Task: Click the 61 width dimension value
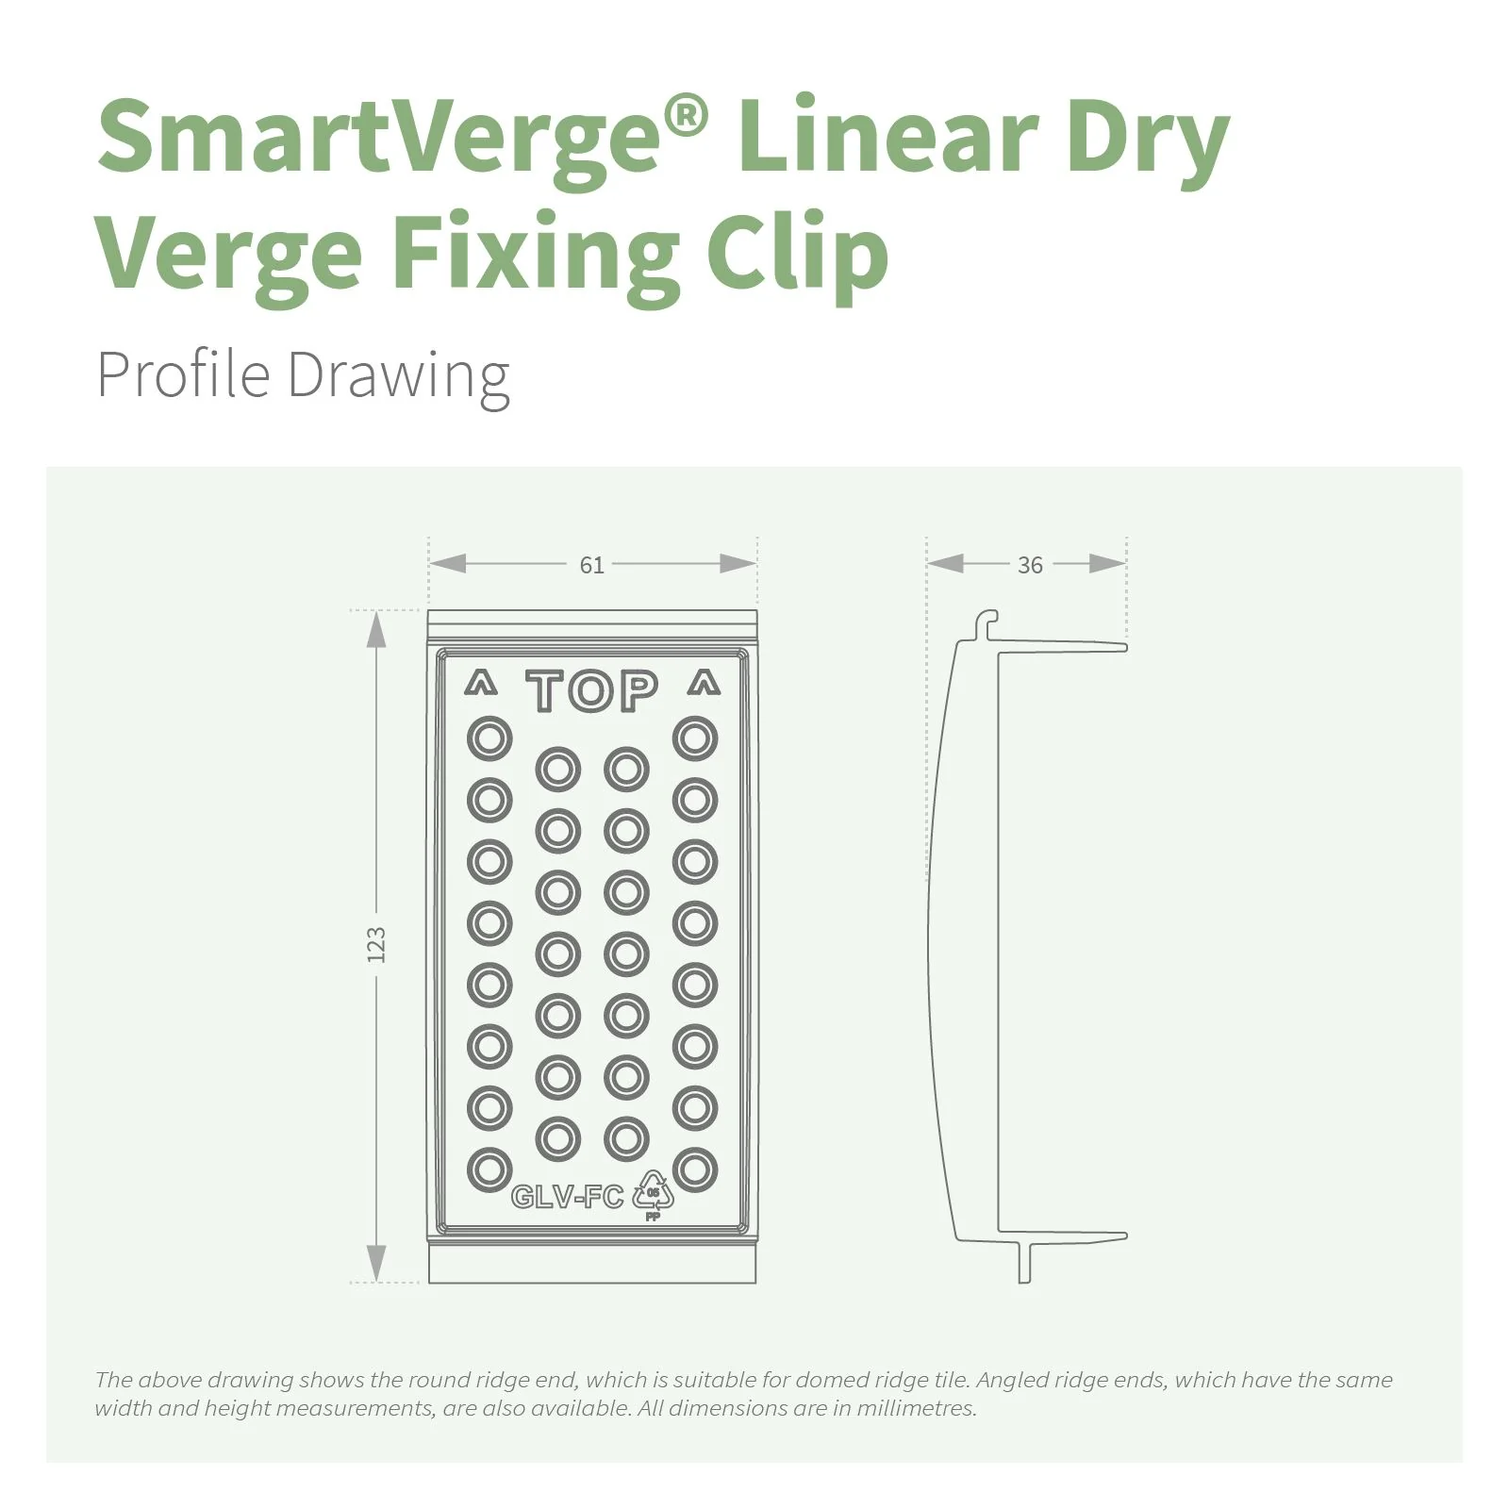pyautogui.click(x=591, y=565)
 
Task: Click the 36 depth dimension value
pyautogui.click(x=1030, y=565)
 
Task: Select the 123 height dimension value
pyautogui.click(x=376, y=945)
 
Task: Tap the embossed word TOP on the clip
pyautogui.click(x=592, y=691)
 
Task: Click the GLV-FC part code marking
pyautogui.click(x=568, y=1197)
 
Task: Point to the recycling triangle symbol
pyautogui.click(x=653, y=1192)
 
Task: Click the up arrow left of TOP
pyautogui.click(x=481, y=683)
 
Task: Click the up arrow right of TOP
pyautogui.click(x=704, y=683)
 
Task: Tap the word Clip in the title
pyautogui.click(x=797, y=253)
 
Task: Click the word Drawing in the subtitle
pyautogui.click(x=398, y=376)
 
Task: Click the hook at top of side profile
pyautogui.click(x=987, y=622)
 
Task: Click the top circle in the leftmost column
pyautogui.click(x=489, y=738)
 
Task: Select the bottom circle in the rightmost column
pyautogui.click(x=695, y=1169)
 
